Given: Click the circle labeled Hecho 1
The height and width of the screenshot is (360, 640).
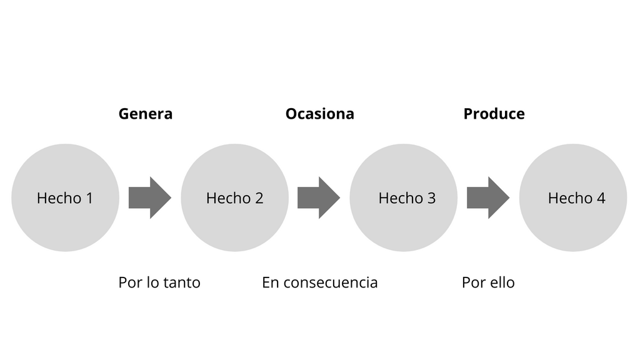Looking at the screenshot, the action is coord(65,197).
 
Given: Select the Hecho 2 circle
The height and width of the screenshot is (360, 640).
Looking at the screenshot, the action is coord(235,197).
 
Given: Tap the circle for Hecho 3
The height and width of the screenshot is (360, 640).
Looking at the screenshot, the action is coord(404,197).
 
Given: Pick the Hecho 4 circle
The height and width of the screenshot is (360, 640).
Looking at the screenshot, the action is coord(573,197).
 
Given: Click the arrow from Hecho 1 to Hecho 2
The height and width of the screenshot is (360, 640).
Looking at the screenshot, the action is coord(150,197).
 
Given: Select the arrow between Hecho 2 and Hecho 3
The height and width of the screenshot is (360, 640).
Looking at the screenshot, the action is coord(319,197).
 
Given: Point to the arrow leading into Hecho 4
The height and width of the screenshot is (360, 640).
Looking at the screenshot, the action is coord(488,197).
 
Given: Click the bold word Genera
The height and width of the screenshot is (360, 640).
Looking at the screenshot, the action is coord(146,114).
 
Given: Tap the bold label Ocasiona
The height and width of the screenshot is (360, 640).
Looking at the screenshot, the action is coord(319,114).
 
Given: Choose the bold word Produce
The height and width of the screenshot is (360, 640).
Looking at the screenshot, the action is coord(494,114).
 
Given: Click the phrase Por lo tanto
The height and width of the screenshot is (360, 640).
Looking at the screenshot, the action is coord(159,282).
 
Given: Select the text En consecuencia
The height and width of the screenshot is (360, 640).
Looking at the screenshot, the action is coord(319,282).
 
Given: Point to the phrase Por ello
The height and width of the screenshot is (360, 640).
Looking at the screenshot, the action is coord(488,282).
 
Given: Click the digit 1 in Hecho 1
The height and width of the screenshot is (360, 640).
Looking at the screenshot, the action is coord(89,198).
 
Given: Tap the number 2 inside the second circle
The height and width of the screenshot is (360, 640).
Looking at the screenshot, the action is coord(259,198).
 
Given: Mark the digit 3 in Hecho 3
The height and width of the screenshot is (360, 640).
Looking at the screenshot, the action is coord(431,198).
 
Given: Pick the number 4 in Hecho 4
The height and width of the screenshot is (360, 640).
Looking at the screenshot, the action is coord(601,198).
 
